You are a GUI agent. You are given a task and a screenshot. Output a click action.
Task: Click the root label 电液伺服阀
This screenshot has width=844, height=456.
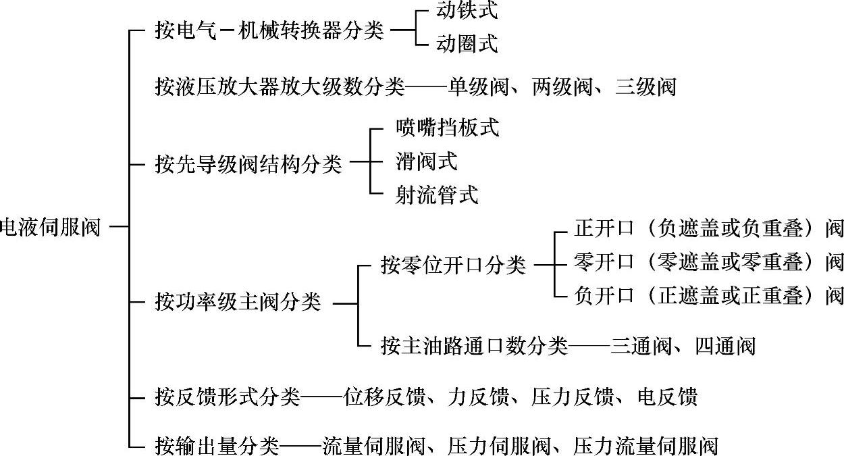51,227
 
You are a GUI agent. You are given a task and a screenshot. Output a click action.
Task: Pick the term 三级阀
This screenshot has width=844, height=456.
645,86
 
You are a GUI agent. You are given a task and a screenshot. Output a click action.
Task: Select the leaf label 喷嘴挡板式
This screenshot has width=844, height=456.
447,128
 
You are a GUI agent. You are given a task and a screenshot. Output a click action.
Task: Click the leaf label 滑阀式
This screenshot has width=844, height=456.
426,161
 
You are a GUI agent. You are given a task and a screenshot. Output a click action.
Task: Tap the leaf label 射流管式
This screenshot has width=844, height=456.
437,195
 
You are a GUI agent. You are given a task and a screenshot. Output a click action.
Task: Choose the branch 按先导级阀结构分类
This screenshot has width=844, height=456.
248,164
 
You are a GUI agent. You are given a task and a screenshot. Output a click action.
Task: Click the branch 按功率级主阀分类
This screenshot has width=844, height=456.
238,303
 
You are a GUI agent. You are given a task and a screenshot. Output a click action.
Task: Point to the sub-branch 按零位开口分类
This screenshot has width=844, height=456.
453,265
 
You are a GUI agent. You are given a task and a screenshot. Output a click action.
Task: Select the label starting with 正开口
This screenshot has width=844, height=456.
708,229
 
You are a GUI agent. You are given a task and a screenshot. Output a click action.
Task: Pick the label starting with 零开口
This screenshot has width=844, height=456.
708,262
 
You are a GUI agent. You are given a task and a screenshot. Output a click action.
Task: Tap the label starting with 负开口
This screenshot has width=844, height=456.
708,295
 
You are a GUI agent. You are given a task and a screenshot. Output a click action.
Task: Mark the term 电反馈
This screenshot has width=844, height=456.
666,396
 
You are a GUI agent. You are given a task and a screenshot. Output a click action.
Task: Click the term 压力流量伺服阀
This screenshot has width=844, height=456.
645,446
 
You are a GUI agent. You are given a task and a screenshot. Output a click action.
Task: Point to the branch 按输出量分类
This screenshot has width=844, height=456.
217,446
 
